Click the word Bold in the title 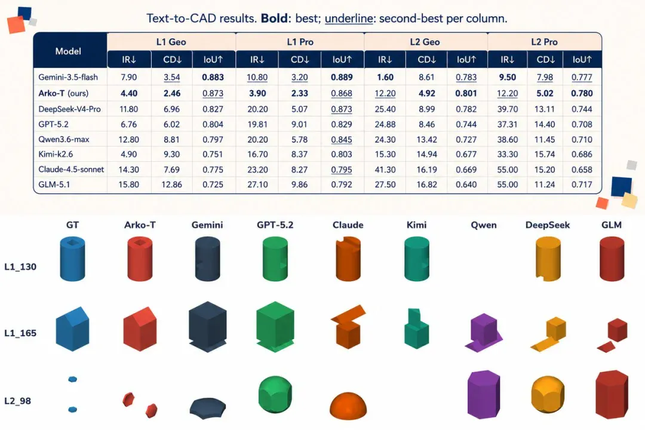274,19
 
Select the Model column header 68,51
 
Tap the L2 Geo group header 425,42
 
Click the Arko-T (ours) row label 63,93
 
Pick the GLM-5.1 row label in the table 54,185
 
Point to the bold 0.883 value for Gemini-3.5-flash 213,77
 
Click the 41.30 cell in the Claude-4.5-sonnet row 385,170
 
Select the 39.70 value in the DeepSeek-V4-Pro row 508,109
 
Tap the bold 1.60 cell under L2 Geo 385,77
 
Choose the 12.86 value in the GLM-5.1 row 171,185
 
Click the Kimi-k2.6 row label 56,154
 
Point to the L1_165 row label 20,333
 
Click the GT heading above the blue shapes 72,225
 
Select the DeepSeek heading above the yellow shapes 548,225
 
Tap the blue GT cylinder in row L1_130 72,259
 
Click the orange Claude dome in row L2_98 348,406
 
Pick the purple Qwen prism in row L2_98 484,394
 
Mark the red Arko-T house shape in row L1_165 140,329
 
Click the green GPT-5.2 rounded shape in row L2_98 275,394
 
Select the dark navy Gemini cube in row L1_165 207,327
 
